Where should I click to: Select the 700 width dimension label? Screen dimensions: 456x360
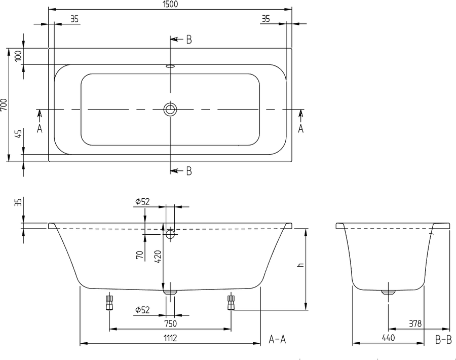coord(4,105)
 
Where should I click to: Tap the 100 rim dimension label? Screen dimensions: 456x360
coord(18,56)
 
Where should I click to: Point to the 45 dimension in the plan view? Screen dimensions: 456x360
coord(18,134)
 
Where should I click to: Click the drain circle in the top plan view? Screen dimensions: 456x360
coord(170,110)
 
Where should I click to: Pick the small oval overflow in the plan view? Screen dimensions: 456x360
coord(170,66)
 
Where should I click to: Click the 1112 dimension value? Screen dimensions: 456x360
coord(170,338)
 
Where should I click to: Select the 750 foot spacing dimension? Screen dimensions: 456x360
coord(170,323)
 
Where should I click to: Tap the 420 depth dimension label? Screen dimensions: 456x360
coord(158,257)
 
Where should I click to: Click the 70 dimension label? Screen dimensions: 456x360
coord(140,255)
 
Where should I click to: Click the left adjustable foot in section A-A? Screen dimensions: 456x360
coord(109,303)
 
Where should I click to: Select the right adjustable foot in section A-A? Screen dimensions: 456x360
coord(231,303)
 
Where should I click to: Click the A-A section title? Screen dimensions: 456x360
coord(277,339)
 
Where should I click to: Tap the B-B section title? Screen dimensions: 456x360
coord(443,340)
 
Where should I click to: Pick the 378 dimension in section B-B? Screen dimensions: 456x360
coord(415,323)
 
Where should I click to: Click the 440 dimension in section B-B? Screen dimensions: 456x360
coord(388,338)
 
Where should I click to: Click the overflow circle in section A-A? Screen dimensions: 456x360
coord(170,234)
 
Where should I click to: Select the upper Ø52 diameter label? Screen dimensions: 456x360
coord(142,201)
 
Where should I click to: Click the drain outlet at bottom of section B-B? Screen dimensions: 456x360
coord(389,292)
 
